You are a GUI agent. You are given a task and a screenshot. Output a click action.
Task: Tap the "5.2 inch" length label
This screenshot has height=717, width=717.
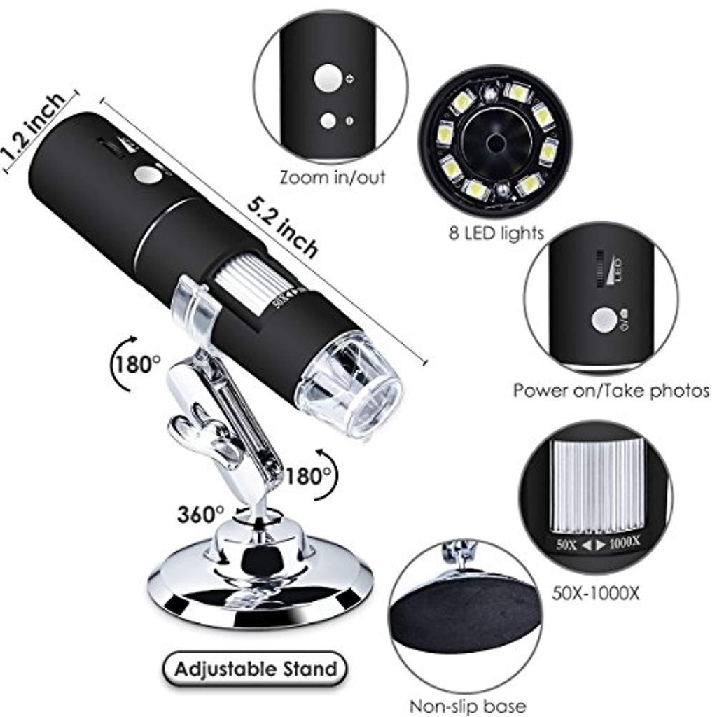[x=283, y=228]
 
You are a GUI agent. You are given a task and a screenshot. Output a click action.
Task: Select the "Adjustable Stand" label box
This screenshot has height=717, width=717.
[x=255, y=669]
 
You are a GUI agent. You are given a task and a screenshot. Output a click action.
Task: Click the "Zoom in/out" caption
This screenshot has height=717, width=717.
[x=333, y=177]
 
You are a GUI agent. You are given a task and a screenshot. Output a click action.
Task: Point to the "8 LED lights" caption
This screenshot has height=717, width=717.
[x=496, y=234]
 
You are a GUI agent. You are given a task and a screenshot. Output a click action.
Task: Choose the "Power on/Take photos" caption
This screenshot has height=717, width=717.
[x=611, y=391]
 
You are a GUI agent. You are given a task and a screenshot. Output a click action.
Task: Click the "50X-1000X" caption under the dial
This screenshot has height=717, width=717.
[x=596, y=594]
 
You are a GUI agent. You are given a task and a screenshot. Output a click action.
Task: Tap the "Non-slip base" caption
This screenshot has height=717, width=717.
[x=467, y=706]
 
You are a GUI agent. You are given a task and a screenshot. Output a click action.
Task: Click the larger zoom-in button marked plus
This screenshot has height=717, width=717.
[x=328, y=78]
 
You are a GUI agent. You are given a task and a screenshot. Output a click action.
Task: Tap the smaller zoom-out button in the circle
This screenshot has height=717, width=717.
[x=328, y=120]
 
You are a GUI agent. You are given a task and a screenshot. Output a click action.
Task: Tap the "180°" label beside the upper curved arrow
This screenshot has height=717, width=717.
[x=137, y=365]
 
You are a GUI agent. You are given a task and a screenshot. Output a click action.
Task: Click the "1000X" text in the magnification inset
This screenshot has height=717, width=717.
[x=625, y=543]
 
